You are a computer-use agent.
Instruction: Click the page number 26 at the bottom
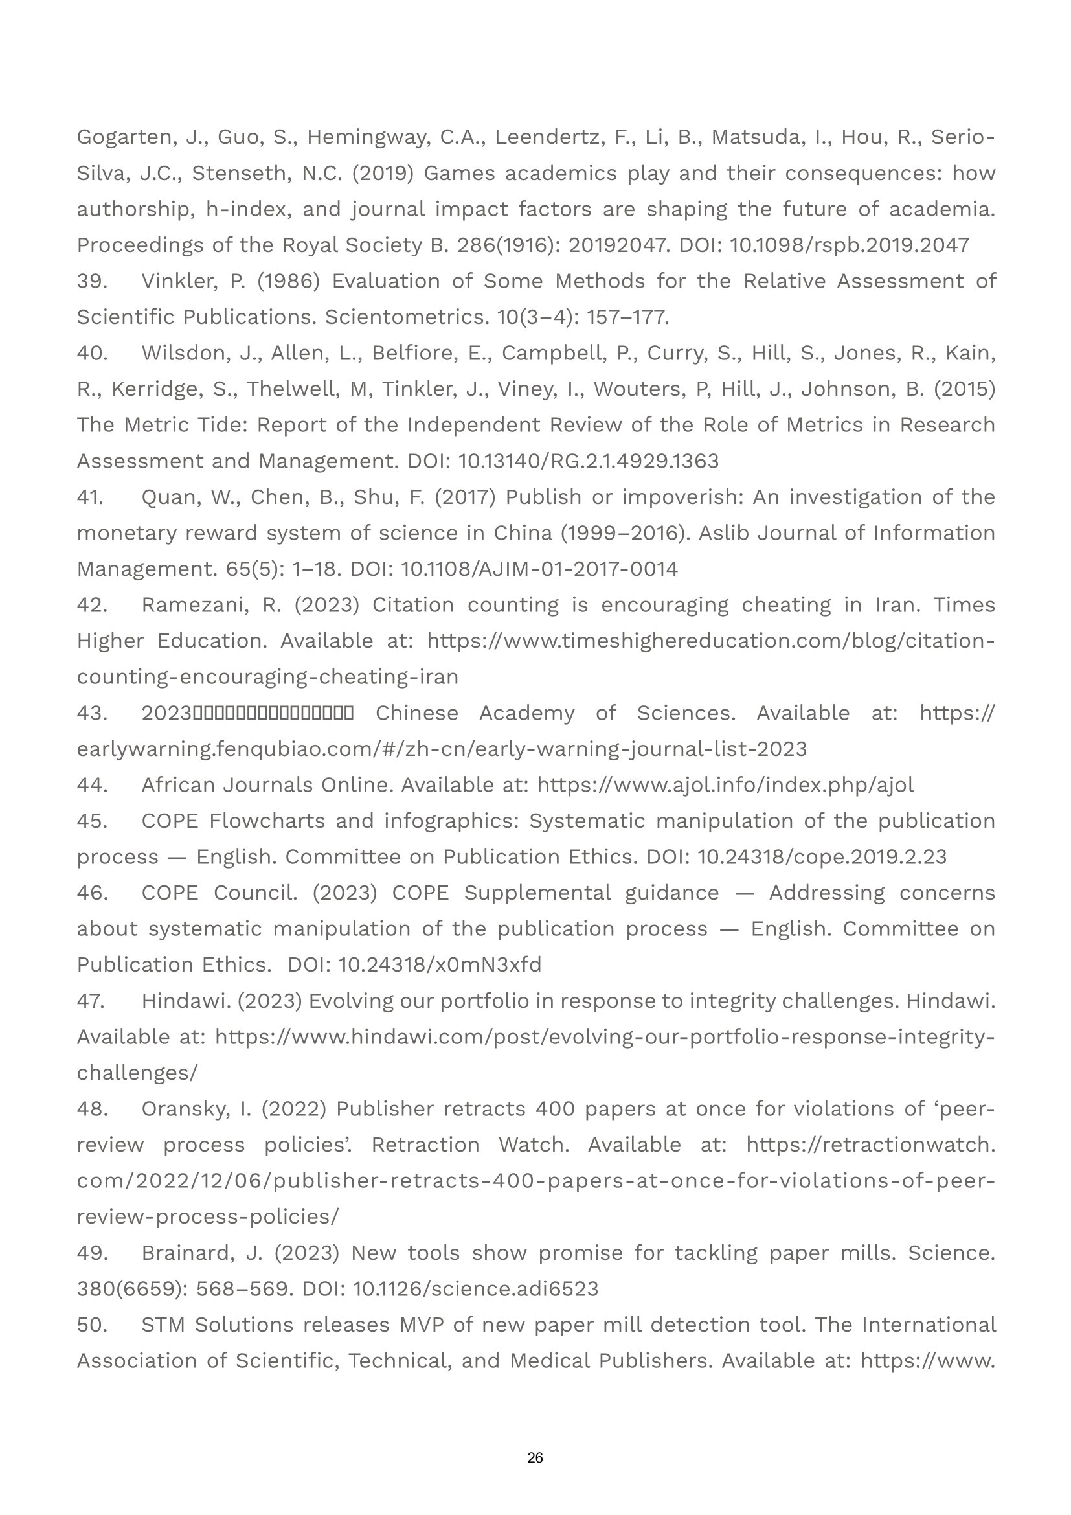pos(535,1457)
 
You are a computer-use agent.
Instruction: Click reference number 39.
pos(92,281)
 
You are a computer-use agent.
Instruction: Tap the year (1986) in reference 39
pos(288,281)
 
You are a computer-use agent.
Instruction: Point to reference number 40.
pos(92,353)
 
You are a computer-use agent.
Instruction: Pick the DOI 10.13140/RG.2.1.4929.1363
pos(588,461)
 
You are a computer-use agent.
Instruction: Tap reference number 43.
pos(92,713)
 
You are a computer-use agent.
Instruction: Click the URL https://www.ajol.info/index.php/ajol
pos(725,785)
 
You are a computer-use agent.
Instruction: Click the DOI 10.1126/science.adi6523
pos(475,1289)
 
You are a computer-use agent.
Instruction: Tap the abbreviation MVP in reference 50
pos(421,1325)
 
